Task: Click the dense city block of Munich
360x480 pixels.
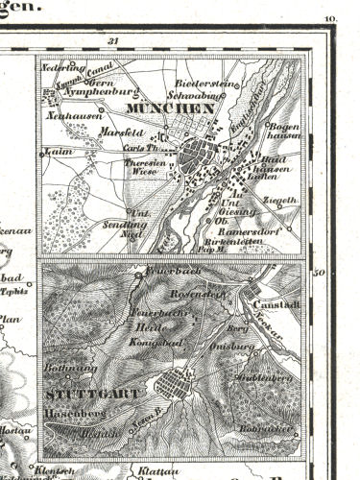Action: (203, 153)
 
